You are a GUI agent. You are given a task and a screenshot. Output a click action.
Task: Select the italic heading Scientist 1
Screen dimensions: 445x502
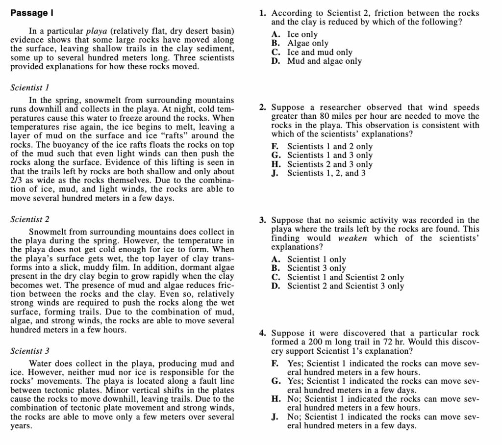click(30, 88)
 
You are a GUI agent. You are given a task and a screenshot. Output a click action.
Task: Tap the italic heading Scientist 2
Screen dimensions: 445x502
click(30, 219)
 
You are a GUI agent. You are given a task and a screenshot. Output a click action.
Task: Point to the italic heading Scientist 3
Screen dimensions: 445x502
click(30, 351)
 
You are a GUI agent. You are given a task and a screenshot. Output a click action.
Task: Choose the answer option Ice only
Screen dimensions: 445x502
click(302, 34)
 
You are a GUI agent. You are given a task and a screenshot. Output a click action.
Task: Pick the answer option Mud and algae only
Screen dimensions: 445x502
click(324, 61)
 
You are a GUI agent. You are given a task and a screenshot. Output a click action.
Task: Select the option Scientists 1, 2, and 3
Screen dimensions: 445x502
click(326, 173)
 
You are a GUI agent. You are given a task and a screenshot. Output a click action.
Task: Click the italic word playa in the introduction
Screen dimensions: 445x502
click(96, 31)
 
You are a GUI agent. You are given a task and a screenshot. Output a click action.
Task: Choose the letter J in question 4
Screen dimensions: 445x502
click(275, 417)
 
